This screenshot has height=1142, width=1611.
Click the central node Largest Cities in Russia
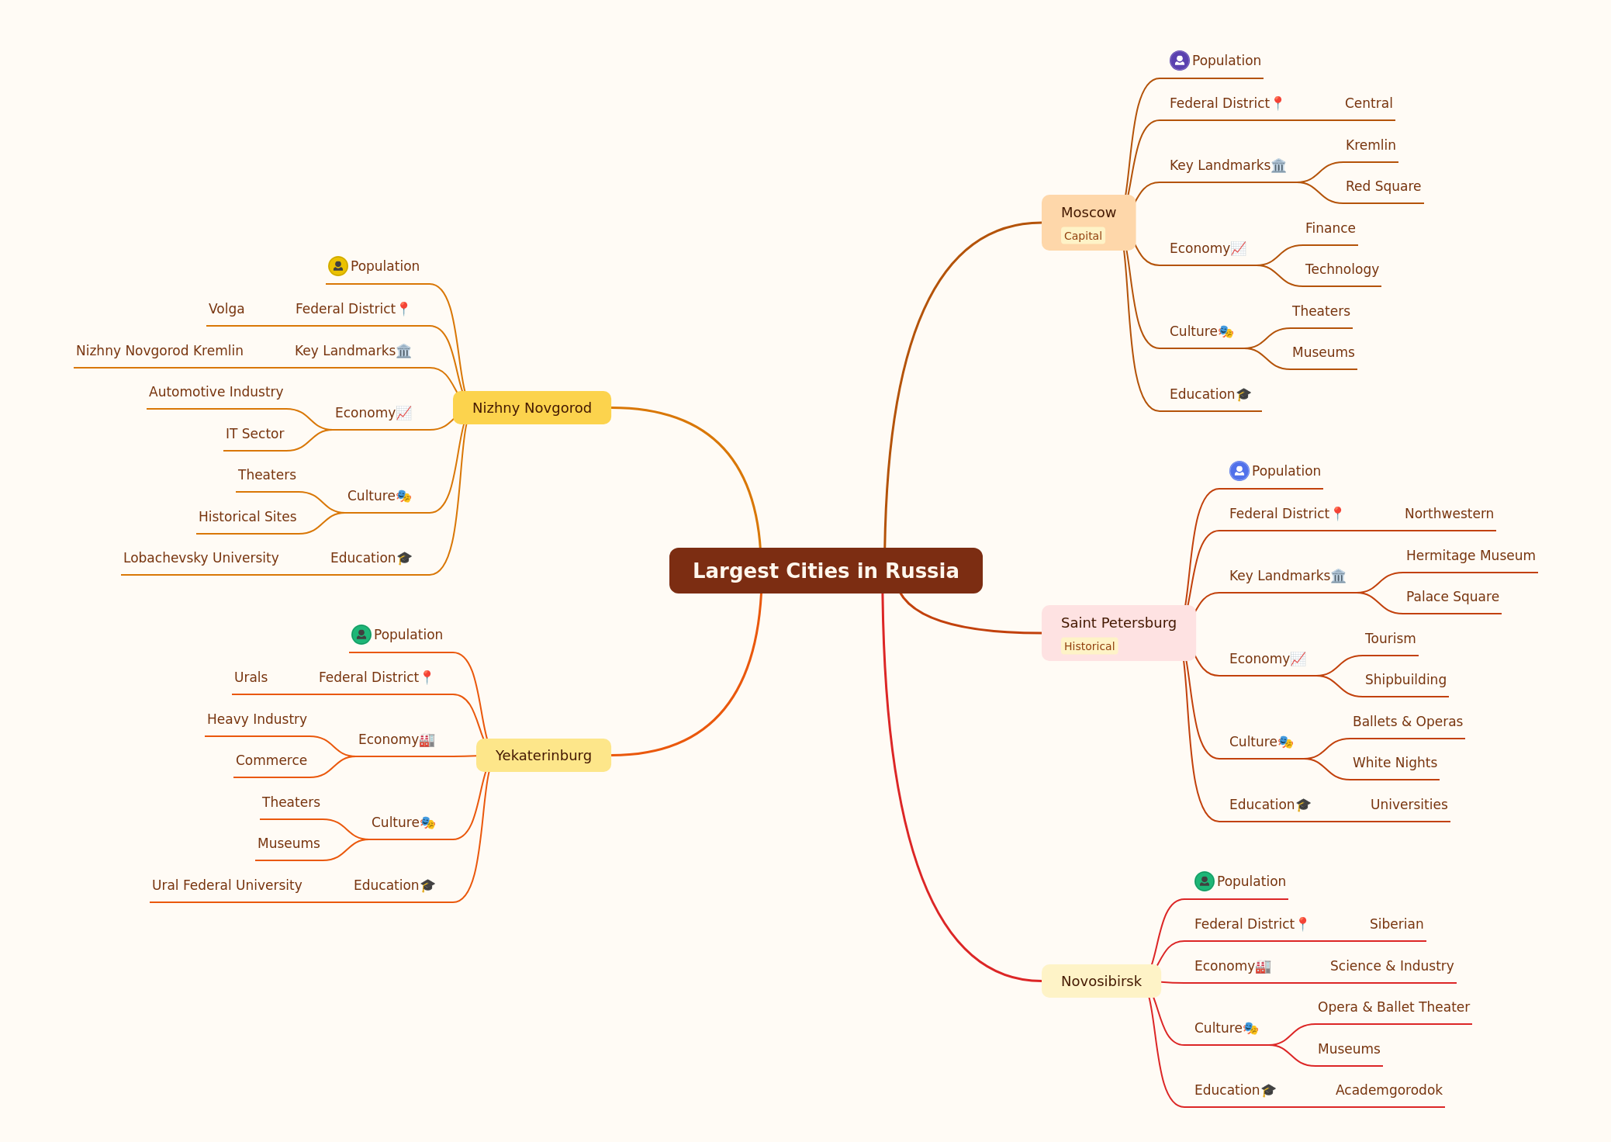coord(825,570)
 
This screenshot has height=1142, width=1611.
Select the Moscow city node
coord(1088,223)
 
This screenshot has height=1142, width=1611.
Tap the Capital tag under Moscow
coord(1083,236)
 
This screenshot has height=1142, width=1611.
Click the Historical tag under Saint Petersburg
coord(1089,646)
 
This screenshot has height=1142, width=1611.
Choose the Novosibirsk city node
coord(1101,981)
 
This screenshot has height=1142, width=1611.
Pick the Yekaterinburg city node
coord(543,755)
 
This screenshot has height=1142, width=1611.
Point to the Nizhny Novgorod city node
coord(531,407)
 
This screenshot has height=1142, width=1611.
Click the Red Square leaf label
coord(1383,186)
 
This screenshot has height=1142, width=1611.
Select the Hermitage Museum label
coord(1471,555)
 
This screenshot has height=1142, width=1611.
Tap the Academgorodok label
coord(1388,1090)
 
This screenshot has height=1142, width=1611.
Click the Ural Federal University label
coord(226,885)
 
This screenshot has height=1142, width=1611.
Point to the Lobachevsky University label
coord(201,558)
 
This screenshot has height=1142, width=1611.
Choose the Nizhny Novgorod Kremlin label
coord(160,351)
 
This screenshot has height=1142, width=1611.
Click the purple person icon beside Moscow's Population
coord(1179,61)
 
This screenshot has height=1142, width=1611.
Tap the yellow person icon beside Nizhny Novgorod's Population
coord(337,266)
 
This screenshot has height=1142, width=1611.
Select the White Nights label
coord(1395,763)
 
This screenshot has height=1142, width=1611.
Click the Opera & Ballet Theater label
coord(1393,1007)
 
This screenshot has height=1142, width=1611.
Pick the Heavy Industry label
coord(257,719)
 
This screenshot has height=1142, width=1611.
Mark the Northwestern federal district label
coord(1449,514)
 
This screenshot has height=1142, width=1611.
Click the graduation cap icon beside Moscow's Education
coord(1243,394)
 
